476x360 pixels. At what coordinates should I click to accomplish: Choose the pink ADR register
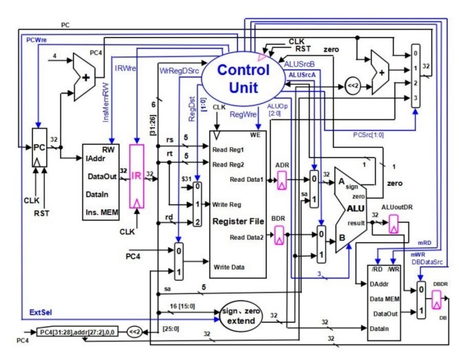point(281,181)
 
